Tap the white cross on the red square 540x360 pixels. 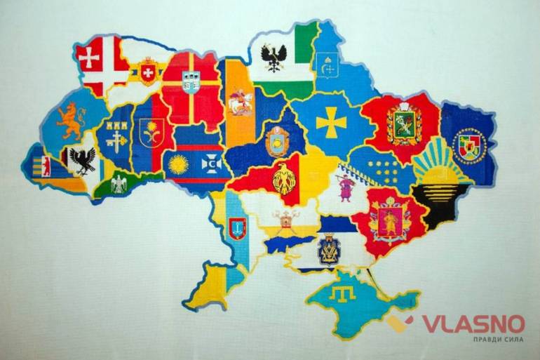point(89,58)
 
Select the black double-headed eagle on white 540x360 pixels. point(273,55)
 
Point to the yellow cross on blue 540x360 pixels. point(330,124)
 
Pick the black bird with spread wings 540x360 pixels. point(83,160)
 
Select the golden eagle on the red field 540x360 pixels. point(284,178)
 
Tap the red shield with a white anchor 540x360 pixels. point(237,228)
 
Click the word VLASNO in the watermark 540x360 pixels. point(473,324)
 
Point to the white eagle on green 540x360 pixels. point(118,184)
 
